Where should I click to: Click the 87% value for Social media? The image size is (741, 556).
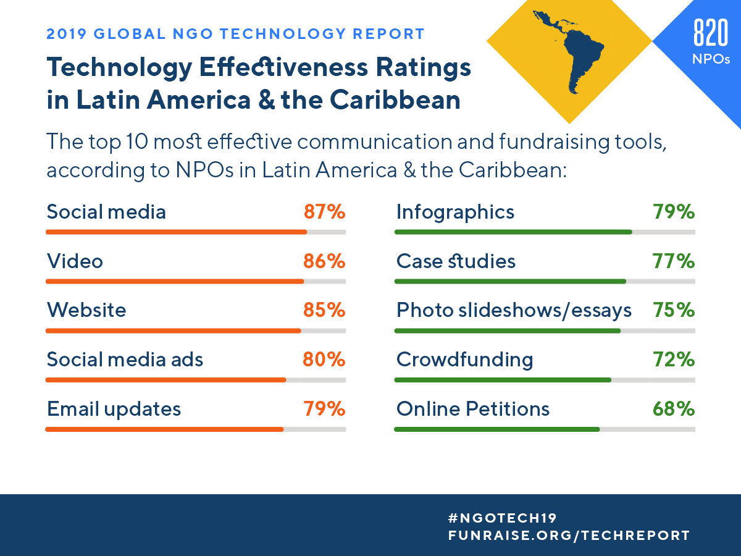324,213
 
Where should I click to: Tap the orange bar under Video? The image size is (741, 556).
175,281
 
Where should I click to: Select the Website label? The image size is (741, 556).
86,310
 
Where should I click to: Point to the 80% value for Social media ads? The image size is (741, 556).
324,359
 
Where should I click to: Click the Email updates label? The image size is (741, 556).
114,409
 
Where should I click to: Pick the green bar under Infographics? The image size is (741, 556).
513,232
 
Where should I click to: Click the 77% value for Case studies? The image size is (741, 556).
674,261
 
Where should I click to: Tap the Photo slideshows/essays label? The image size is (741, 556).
514,310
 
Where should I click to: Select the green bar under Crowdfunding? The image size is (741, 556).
503,379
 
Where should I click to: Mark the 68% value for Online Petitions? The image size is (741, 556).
674,409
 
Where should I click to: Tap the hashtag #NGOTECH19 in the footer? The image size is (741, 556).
503,518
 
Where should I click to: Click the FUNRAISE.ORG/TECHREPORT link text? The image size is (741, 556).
568,536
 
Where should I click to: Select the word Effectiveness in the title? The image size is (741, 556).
276,68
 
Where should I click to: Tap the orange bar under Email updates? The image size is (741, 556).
164,429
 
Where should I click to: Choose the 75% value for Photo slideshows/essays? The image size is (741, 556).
674,310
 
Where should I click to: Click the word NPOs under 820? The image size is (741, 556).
711,59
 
